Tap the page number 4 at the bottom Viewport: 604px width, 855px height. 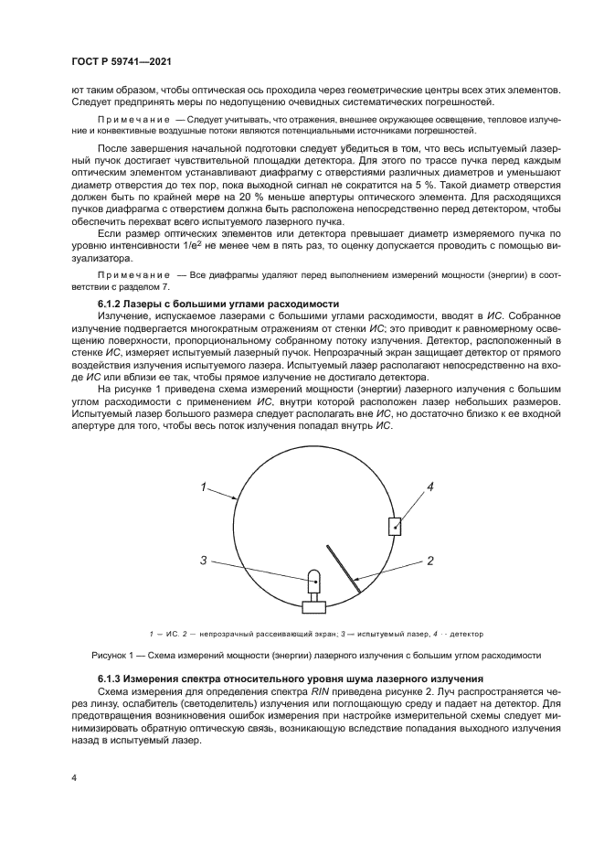point(73,776)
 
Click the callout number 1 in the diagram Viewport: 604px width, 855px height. point(205,487)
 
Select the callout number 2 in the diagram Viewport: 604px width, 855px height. point(429,559)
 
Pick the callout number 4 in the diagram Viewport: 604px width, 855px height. point(429,487)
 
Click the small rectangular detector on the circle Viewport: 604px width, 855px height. point(395,527)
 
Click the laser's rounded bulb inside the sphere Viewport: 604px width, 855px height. point(313,579)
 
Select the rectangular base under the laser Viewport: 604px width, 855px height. point(313,604)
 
